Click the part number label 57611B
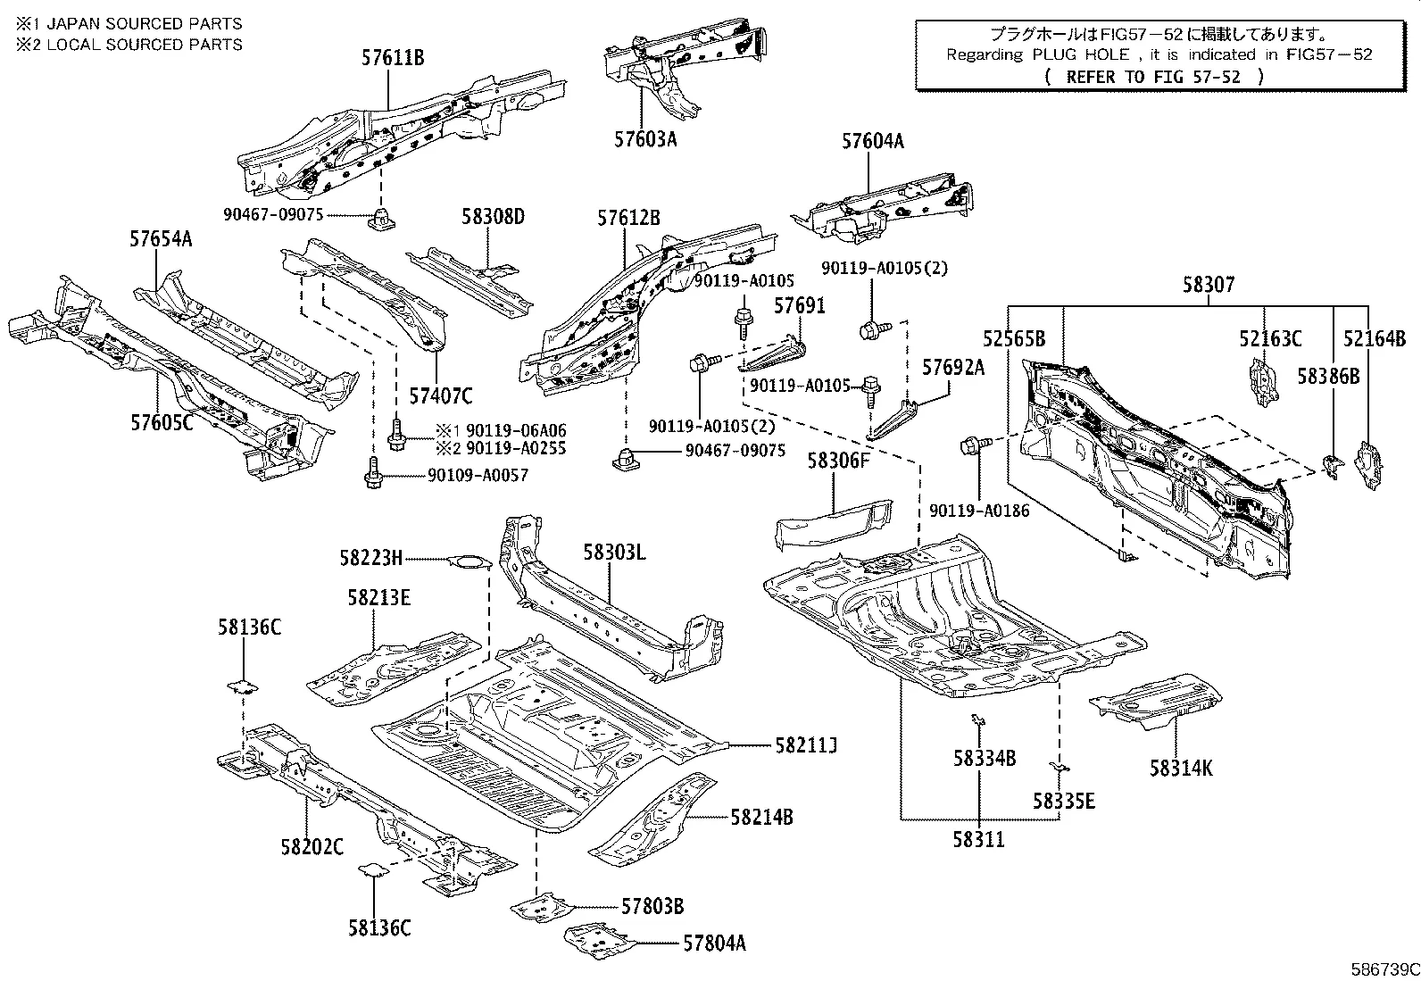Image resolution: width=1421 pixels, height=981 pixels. point(392,59)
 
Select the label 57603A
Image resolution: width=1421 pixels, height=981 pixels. point(645,139)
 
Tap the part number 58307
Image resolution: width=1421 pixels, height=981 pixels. point(1209,285)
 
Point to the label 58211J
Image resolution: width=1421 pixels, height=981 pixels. point(806,744)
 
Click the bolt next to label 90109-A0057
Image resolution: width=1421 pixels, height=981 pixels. point(373,474)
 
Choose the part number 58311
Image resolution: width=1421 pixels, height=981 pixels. point(978,840)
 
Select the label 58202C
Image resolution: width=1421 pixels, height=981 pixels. point(312,846)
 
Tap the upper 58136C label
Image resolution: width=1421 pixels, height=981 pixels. point(249,628)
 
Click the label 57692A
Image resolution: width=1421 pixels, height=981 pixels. point(952,367)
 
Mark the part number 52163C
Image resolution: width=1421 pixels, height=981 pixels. point(1269,338)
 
